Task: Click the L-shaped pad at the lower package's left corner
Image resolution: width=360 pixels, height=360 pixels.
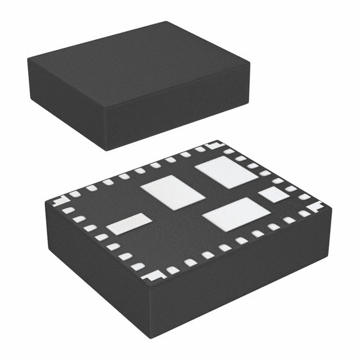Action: point(60,201)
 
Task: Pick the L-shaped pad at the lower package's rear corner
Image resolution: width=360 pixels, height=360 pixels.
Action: point(213,146)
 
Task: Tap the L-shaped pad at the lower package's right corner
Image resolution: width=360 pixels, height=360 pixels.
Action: point(314,206)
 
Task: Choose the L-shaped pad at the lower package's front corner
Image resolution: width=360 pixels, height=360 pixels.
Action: point(152,276)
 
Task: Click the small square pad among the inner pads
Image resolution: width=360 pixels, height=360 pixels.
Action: point(274,195)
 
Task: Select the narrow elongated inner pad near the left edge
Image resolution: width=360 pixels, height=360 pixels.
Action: point(129,224)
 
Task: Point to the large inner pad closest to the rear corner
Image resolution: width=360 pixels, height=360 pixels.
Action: point(226,172)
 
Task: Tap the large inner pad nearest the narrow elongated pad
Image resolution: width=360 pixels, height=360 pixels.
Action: point(173,192)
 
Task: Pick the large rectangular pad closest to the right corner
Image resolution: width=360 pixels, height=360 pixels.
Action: point(236,214)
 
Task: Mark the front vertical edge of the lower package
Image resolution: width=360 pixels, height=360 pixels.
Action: point(151,309)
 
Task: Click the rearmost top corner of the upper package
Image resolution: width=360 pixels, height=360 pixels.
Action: point(167,22)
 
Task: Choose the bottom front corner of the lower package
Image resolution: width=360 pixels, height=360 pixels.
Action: point(151,337)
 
